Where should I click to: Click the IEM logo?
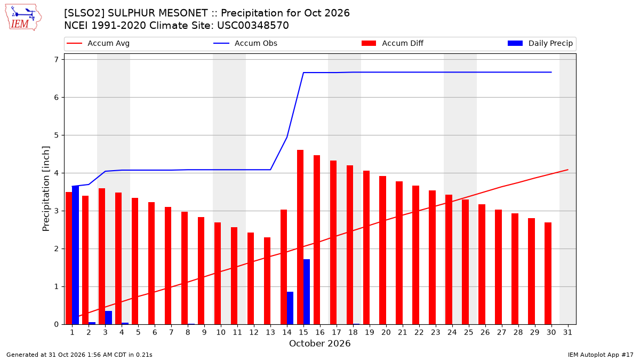point(23,18)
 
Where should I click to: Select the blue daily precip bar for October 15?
point(307,292)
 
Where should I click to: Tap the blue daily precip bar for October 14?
point(290,308)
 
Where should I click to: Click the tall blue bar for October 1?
point(75,255)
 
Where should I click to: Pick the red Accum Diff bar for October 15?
point(300,237)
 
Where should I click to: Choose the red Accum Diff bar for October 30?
point(548,274)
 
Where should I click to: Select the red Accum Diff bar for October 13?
point(267,281)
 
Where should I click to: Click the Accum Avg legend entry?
point(98,43)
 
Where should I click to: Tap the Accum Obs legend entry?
point(245,43)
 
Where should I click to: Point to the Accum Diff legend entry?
point(393,43)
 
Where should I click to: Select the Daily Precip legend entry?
point(540,43)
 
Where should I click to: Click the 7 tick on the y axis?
point(57,59)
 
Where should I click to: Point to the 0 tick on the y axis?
point(57,324)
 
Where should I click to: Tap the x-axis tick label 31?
point(567,332)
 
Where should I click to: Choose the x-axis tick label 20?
point(386,332)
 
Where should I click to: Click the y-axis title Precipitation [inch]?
point(46,189)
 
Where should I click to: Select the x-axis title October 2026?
point(319,343)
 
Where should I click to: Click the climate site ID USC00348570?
point(253,26)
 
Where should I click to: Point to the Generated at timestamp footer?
point(79,355)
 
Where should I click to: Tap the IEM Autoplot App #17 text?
point(601,355)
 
